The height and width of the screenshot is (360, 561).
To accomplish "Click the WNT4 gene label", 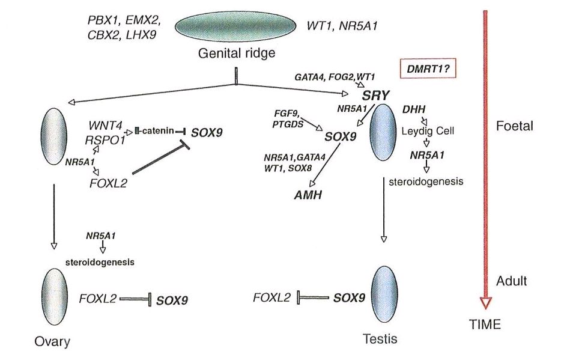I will pos(105,127).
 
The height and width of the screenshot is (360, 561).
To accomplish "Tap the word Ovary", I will pos(52,342).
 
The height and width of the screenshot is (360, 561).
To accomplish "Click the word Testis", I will pos(380,338).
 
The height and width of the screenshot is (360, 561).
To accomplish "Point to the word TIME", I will pos(485,325).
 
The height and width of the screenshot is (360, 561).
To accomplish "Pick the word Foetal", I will pos(512,126).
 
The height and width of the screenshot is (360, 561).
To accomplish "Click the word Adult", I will pos(512,281).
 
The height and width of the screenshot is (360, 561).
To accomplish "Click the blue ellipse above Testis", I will pos(384,296).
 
